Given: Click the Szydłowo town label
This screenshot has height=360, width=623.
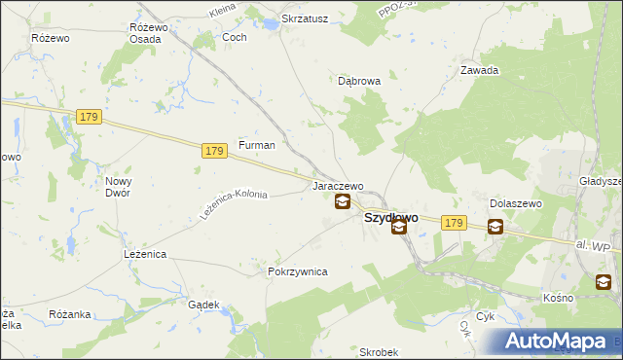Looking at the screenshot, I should (391, 218).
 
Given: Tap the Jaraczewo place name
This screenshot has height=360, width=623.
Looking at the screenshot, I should (337, 186).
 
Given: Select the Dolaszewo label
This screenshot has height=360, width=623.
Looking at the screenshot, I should (515, 203).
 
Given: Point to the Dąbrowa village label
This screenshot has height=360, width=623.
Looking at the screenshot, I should (359, 82).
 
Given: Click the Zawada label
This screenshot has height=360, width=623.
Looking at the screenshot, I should (480, 70).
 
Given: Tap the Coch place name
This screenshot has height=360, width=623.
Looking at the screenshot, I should (235, 37).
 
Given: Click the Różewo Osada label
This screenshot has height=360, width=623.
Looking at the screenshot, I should (149, 32).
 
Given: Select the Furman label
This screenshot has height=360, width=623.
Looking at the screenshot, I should (257, 145).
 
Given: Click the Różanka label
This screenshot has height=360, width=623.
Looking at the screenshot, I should (69, 314).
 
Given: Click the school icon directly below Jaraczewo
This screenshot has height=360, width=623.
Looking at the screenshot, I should (343, 202).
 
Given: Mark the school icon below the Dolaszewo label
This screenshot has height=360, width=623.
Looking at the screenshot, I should (495, 227).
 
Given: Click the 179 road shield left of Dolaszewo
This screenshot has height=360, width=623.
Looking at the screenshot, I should (453, 223).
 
